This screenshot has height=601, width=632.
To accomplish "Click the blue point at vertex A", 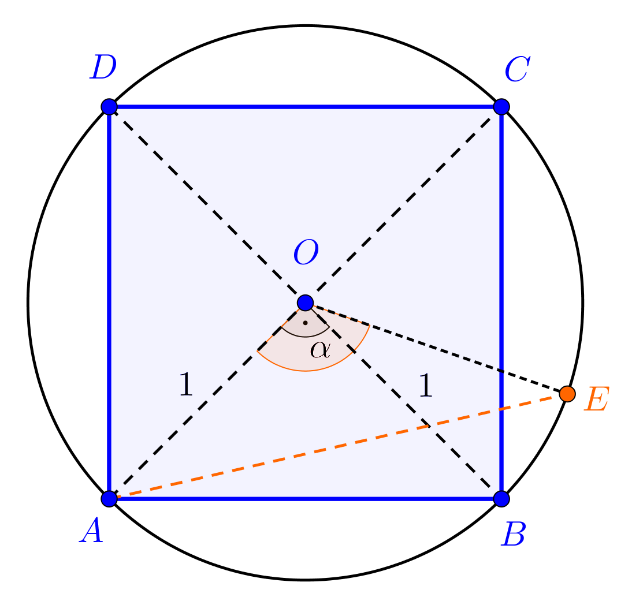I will point(109,499).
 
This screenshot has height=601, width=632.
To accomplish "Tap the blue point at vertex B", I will point(501,499).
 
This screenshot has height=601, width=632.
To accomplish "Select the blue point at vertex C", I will point(501,107).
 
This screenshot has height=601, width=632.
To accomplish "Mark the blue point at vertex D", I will point(109,107).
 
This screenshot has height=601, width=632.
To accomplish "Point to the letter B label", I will point(514,535).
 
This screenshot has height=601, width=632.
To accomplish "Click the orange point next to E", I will point(567,394).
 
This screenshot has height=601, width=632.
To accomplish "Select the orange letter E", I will point(596,400).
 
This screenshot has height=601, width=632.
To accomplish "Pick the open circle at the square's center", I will point(305,303).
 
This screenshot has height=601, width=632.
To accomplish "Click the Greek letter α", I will point(319,349).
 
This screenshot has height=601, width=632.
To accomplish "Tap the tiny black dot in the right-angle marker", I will point(305,323).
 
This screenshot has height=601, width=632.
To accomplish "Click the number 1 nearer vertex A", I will point(185,385).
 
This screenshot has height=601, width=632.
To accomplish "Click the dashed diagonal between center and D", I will point(207,204).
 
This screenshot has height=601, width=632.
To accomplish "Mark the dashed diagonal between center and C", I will point(403,204).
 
